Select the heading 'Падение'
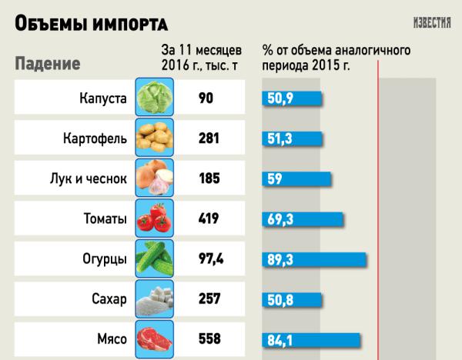pyautogui.click(x=49, y=62)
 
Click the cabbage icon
pyautogui.click(x=152, y=98)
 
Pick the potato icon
pyautogui.click(x=152, y=138)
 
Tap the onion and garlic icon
pyautogui.click(x=152, y=178)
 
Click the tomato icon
pyautogui.click(x=152, y=218)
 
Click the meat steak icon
pyautogui.click(x=152, y=338)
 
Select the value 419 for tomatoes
pyautogui.click(x=209, y=218)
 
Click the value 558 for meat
pyautogui.click(x=209, y=338)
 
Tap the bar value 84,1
pyautogui.click(x=279, y=339)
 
